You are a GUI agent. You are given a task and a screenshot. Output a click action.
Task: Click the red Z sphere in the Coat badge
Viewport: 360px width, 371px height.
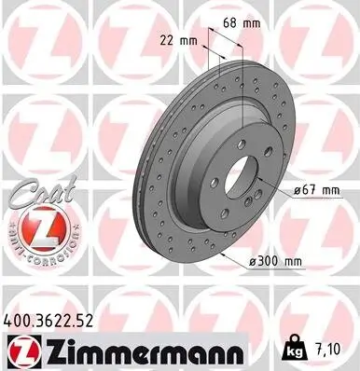[35, 227]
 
